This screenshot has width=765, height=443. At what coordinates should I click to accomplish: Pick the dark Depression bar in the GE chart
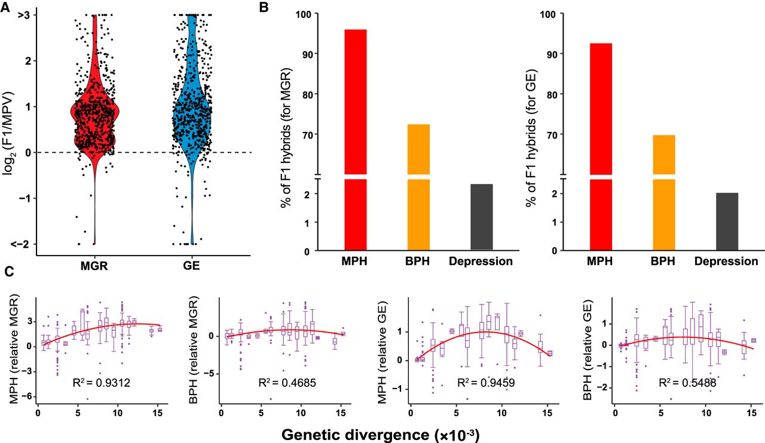(726, 220)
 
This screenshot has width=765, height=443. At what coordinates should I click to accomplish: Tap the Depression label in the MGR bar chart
(481, 262)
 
